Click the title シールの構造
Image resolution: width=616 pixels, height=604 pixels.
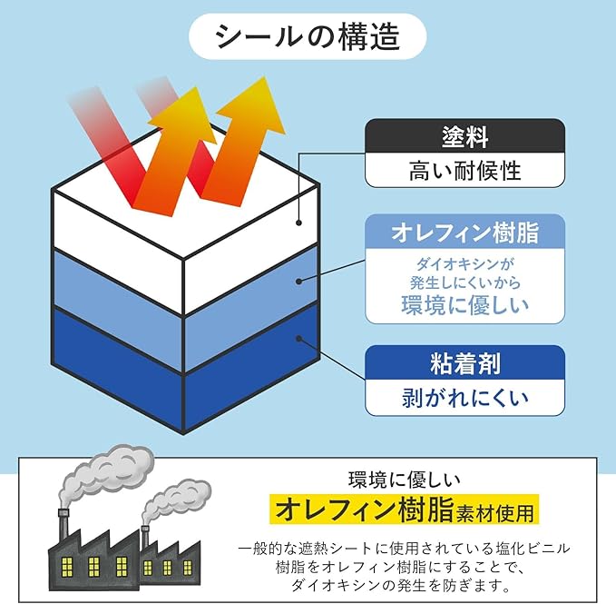pyautogui.click(x=308, y=35)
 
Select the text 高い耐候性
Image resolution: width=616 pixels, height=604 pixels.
pyautogui.click(x=464, y=170)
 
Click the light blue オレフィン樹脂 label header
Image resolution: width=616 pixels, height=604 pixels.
pyautogui.click(x=464, y=233)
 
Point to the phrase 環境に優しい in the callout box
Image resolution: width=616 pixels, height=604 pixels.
pyautogui.click(x=464, y=304)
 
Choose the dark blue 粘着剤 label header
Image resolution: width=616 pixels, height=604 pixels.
pyautogui.click(x=464, y=363)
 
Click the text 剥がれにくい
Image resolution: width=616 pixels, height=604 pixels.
pyautogui.click(x=464, y=397)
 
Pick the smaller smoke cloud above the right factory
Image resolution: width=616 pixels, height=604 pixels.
pyautogui.click(x=176, y=495)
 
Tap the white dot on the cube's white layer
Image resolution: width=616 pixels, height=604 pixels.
pyautogui.click(x=298, y=221)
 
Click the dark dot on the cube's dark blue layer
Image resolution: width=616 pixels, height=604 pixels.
pyautogui.click(x=298, y=338)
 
